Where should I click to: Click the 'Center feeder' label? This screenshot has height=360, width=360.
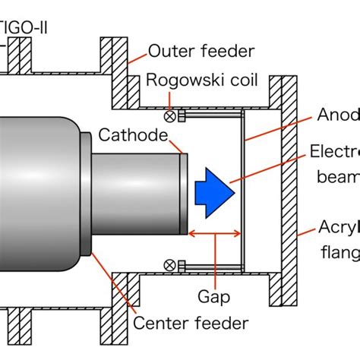coord(190,324)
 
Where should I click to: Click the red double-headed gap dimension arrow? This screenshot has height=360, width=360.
coord(216,235)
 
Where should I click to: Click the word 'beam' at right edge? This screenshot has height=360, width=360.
coord(338,177)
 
